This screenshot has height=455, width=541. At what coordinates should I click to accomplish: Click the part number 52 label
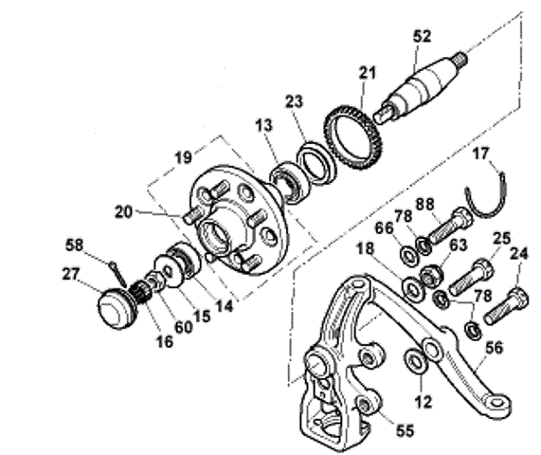422,36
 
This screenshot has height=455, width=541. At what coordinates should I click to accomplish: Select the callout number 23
294,101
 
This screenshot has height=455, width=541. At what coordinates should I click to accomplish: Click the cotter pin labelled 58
117,272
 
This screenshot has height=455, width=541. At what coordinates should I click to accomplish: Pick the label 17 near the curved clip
481,154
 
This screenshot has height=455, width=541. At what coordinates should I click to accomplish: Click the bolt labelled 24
506,306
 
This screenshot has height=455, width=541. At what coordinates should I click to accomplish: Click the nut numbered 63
429,276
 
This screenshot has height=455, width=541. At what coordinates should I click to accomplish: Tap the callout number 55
405,430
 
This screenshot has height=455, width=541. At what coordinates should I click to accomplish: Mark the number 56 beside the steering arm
494,347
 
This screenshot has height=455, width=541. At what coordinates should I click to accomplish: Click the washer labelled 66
409,258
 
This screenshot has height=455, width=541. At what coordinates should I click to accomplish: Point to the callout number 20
123,211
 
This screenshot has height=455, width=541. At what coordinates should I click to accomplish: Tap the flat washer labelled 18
411,287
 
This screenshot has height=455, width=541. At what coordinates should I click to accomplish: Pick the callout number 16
165,341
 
